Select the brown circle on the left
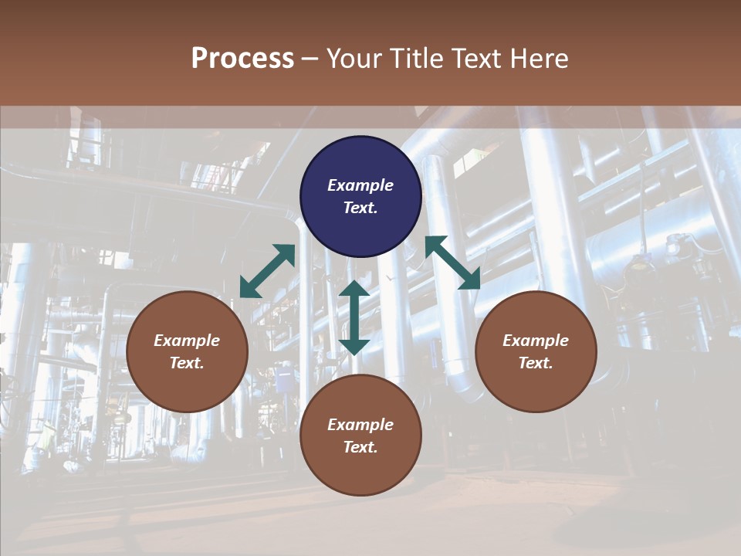187,351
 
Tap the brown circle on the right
536,351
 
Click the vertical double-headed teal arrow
354,317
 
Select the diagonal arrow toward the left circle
267,271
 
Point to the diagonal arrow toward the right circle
452,263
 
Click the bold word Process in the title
242,59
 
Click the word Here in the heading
540,59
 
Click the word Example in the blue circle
360,185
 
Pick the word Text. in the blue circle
360,208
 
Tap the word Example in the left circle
187,341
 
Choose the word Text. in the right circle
536,363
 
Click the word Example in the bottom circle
360,425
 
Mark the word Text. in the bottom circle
360,447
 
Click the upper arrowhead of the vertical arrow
354,290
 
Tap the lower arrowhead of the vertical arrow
354,346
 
